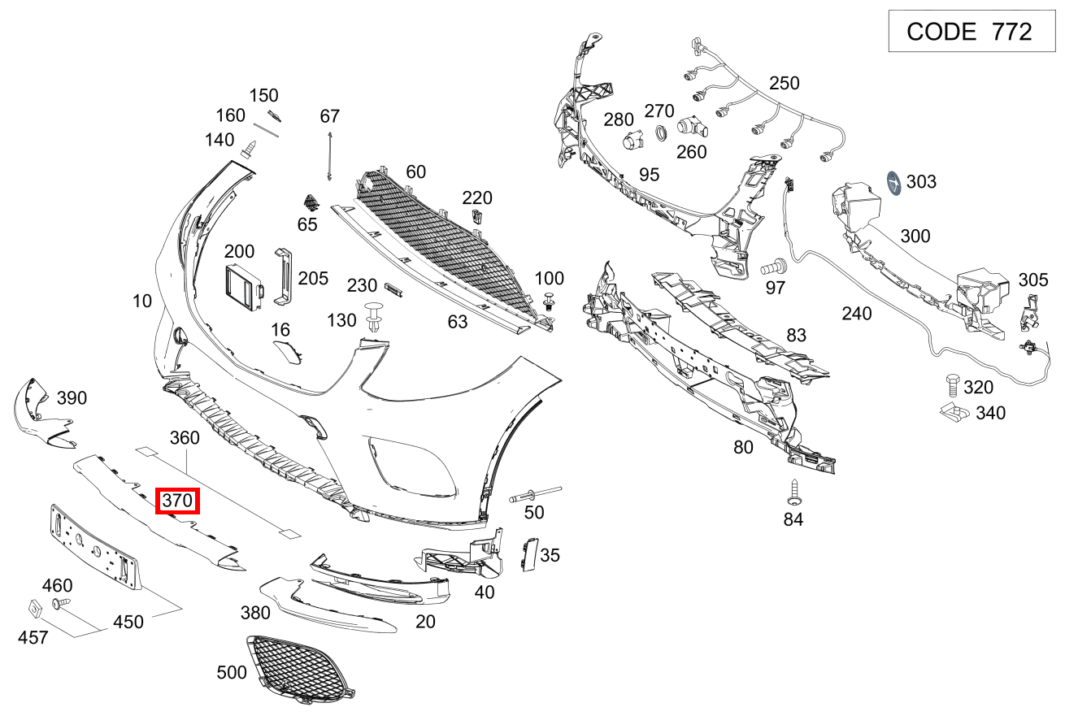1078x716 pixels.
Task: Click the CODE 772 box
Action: coord(972,32)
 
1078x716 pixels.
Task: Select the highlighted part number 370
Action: coord(177,501)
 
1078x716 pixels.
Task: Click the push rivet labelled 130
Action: coord(374,316)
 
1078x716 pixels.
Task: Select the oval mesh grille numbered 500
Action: coord(298,668)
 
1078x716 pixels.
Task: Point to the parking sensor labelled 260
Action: coord(692,127)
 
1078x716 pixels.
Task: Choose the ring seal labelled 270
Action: coord(662,132)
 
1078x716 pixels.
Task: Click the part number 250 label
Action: coord(784,83)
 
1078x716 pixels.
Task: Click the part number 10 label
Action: coord(142,302)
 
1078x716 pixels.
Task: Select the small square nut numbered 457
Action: coord(35,606)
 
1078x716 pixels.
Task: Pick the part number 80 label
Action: coord(743,446)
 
